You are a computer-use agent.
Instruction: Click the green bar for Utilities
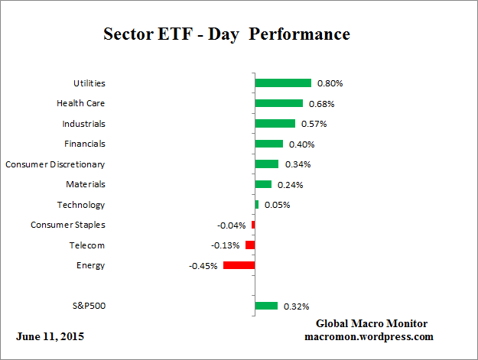pyautogui.click(x=283, y=83)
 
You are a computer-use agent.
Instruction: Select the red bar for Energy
pyautogui.click(x=239, y=265)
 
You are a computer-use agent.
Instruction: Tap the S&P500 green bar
pyautogui.click(x=266, y=306)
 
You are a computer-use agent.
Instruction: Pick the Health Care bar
pyautogui.click(x=278, y=103)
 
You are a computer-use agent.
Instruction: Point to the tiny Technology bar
pyautogui.click(x=256, y=204)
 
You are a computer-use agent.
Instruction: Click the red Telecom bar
pyautogui.click(x=250, y=245)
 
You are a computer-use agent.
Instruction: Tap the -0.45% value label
pyautogui.click(x=203, y=266)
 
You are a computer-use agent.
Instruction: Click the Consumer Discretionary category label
pyautogui.click(x=55, y=164)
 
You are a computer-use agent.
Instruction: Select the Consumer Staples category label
pyautogui.click(x=68, y=225)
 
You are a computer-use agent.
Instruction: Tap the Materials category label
pyautogui.click(x=85, y=184)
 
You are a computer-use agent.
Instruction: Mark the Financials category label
pyautogui.click(x=85, y=144)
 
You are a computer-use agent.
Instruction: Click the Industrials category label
pyautogui.click(x=84, y=123)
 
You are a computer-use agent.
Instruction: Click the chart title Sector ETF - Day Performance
pyautogui.click(x=226, y=35)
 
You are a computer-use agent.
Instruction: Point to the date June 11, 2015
pyautogui.click(x=50, y=336)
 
